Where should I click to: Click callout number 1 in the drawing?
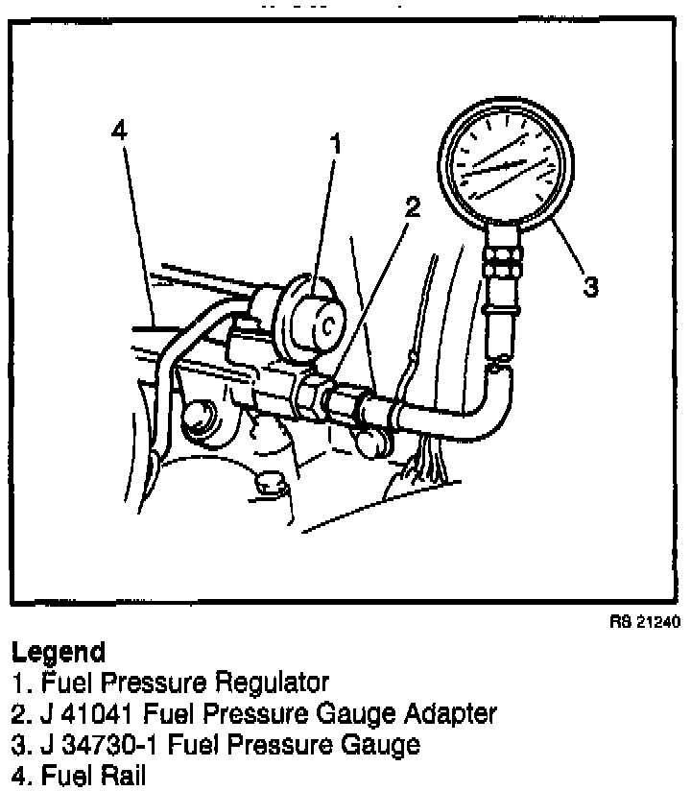coord(336,146)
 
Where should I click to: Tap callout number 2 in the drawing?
coord(413,207)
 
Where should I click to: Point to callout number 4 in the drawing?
coord(119,132)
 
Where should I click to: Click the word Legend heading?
coord(58,653)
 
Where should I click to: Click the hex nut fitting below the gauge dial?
coord(503,256)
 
